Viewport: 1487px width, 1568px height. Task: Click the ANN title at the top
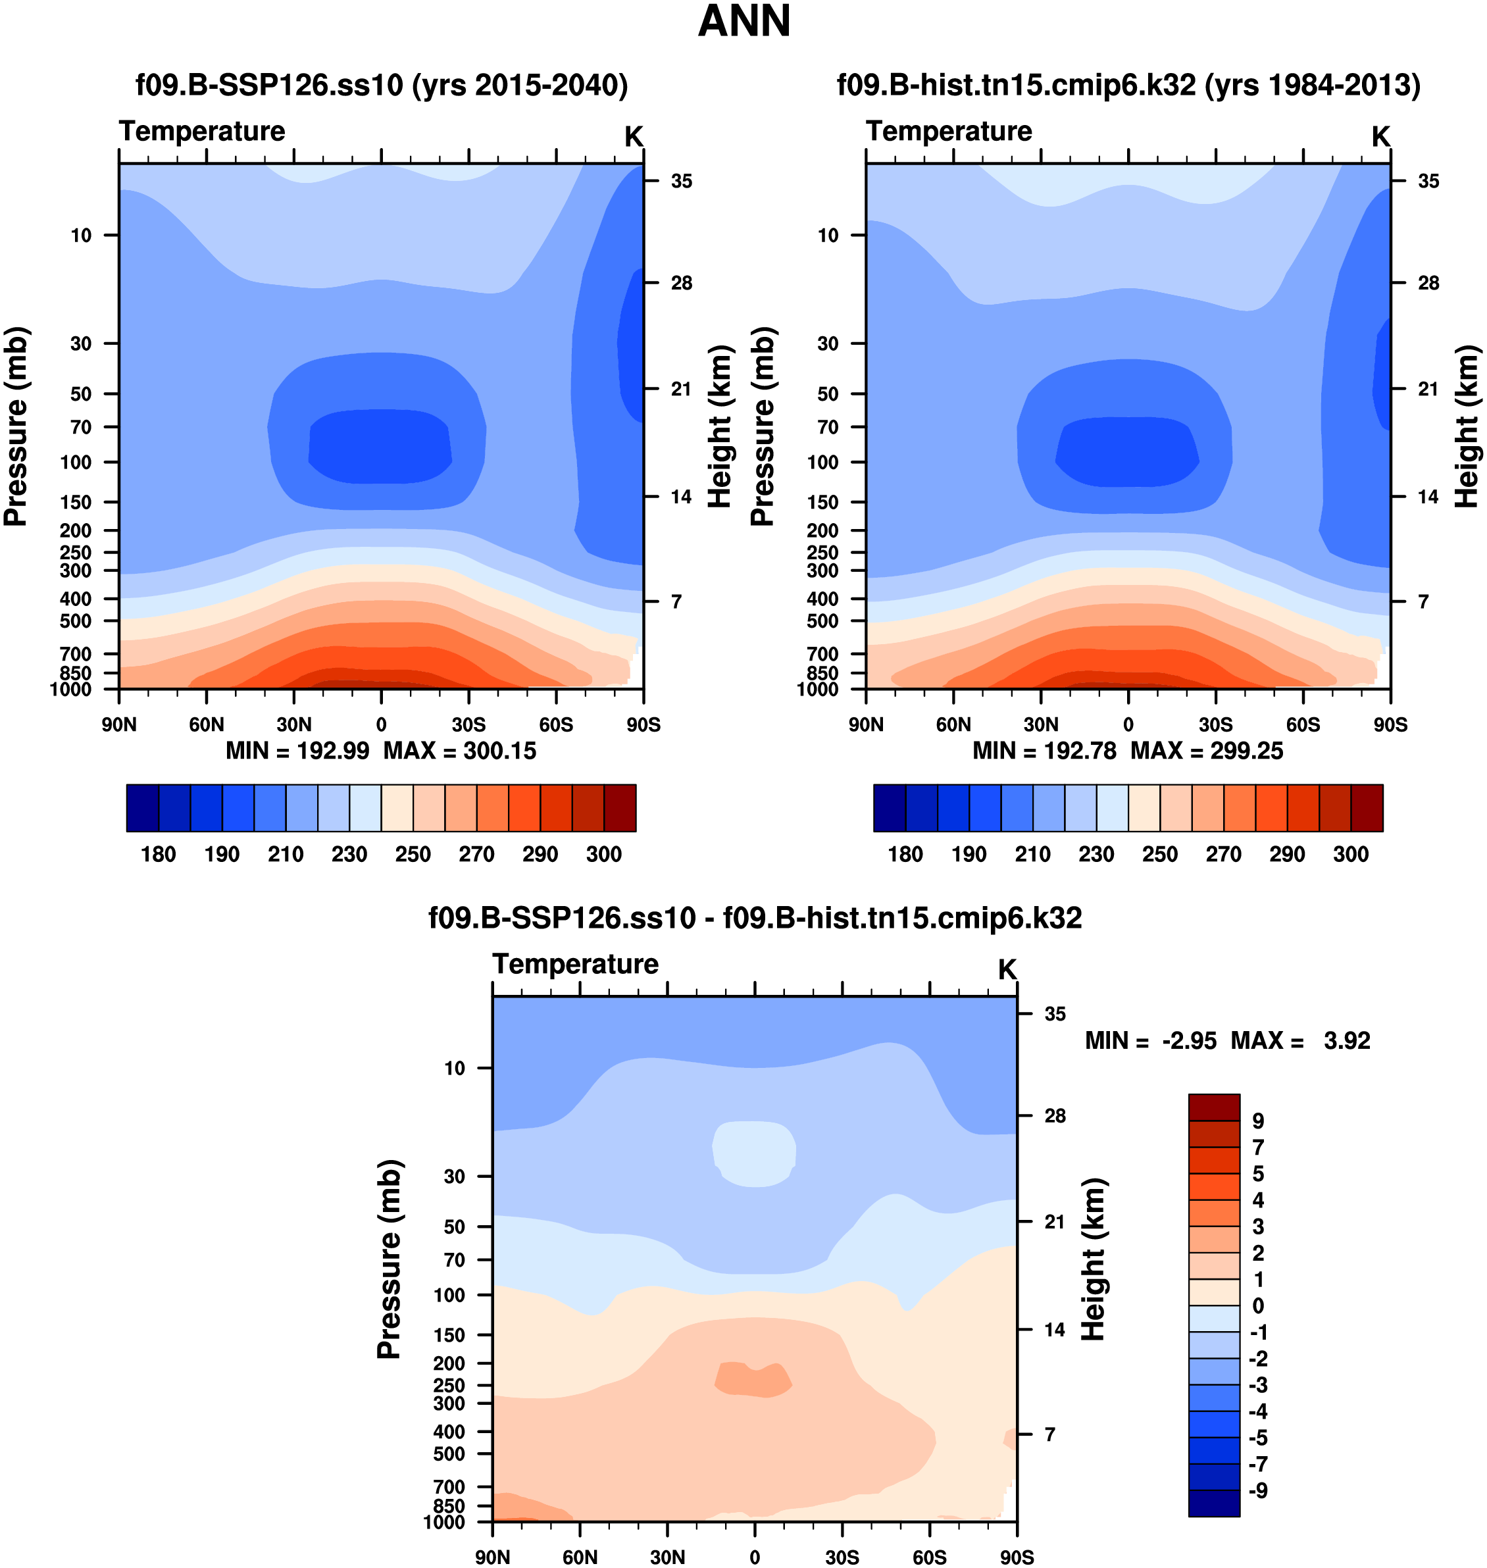coord(743,22)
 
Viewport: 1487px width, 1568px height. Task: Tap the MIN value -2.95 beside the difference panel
coord(1189,1041)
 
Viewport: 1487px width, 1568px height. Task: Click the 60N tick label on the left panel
coord(206,724)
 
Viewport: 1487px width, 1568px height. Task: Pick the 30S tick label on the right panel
coord(1215,724)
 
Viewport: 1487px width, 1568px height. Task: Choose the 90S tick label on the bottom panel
coord(1016,1557)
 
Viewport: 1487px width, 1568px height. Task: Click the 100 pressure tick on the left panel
coord(76,462)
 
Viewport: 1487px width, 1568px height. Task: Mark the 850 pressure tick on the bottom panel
coord(449,1505)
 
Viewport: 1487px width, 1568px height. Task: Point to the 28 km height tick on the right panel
coord(1428,283)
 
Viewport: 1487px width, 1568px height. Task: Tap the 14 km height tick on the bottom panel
coord(1054,1329)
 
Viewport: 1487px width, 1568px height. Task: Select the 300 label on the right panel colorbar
coord(1351,855)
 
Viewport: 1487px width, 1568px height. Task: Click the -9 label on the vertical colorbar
coord(1258,1491)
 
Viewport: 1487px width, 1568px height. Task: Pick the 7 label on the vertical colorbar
coord(1258,1147)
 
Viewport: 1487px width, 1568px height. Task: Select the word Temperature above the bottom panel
coord(576,964)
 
